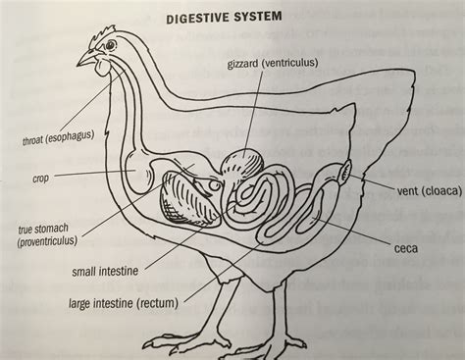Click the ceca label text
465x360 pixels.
405,248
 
